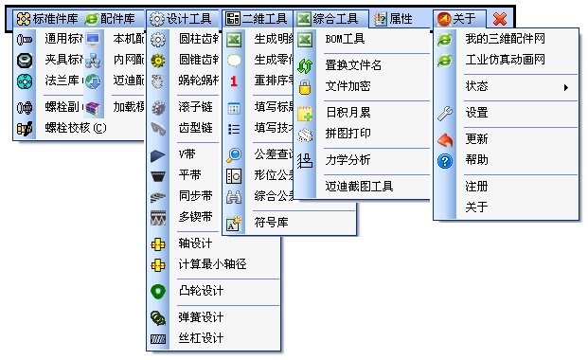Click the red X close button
pos(500,18)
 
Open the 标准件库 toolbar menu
pos(48,18)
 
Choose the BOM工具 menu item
pos(346,40)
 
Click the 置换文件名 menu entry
pos(353,65)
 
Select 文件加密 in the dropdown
pos(347,86)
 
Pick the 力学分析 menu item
pos(347,159)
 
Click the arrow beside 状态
pos(566,87)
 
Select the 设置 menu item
pos(476,113)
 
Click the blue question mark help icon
pos(445,160)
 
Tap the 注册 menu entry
pos(476,187)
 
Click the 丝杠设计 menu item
pos(201,338)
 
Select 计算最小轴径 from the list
pos(212,264)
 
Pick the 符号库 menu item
pos(270,225)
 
